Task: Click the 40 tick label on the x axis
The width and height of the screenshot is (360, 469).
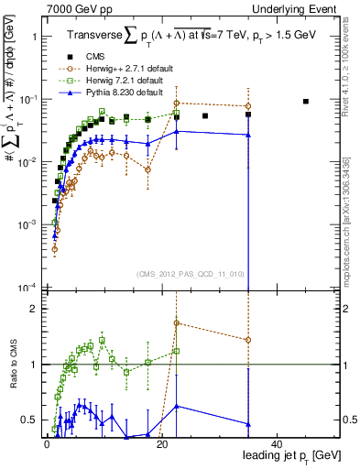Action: (x=277, y=443)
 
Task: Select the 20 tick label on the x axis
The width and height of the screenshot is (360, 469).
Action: (x=161, y=443)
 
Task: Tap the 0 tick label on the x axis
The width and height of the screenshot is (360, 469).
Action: (x=46, y=443)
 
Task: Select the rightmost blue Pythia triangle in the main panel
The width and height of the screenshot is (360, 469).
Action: (x=248, y=135)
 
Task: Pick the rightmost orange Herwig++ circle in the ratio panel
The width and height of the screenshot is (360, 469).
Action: (x=248, y=340)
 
